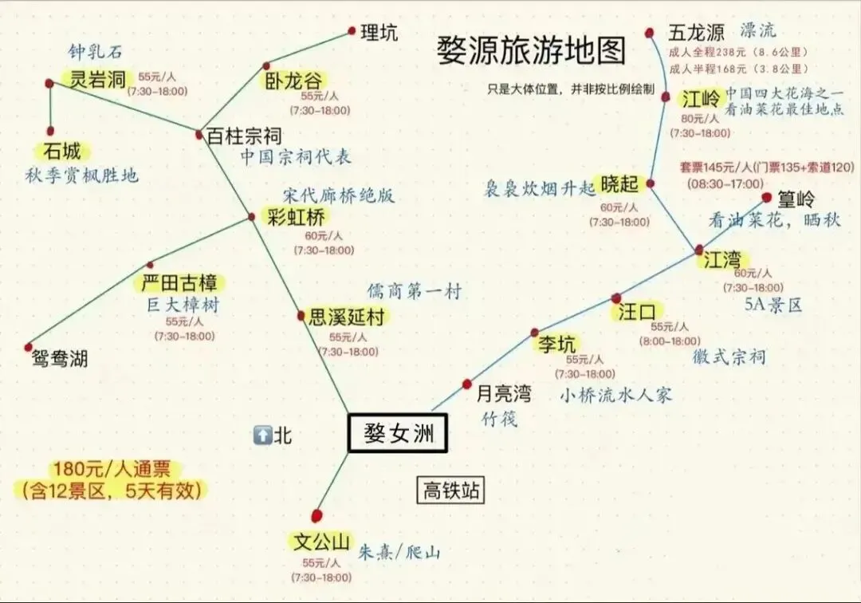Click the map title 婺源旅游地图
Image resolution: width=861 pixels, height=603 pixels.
point(530,52)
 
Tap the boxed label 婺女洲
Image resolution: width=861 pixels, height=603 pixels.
point(398,435)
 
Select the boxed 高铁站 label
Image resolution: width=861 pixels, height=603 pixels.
point(450,490)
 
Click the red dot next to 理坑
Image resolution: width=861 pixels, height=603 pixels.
point(352,31)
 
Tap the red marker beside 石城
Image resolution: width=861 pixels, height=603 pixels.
point(50,131)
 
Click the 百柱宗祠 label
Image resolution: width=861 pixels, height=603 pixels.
point(244,136)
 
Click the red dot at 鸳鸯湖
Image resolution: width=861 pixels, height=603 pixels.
point(29,347)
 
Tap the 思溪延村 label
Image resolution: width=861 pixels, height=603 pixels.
point(346,317)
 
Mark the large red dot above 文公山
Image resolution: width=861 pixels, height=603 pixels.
point(317,515)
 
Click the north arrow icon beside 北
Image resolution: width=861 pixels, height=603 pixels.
point(261,436)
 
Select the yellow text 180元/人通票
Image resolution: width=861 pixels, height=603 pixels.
point(112,469)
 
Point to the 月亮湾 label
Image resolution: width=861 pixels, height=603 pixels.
point(503,392)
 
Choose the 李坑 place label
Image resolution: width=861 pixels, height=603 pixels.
point(556,345)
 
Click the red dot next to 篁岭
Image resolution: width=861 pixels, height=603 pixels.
point(767,197)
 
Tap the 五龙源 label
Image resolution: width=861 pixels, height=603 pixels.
point(696,33)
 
